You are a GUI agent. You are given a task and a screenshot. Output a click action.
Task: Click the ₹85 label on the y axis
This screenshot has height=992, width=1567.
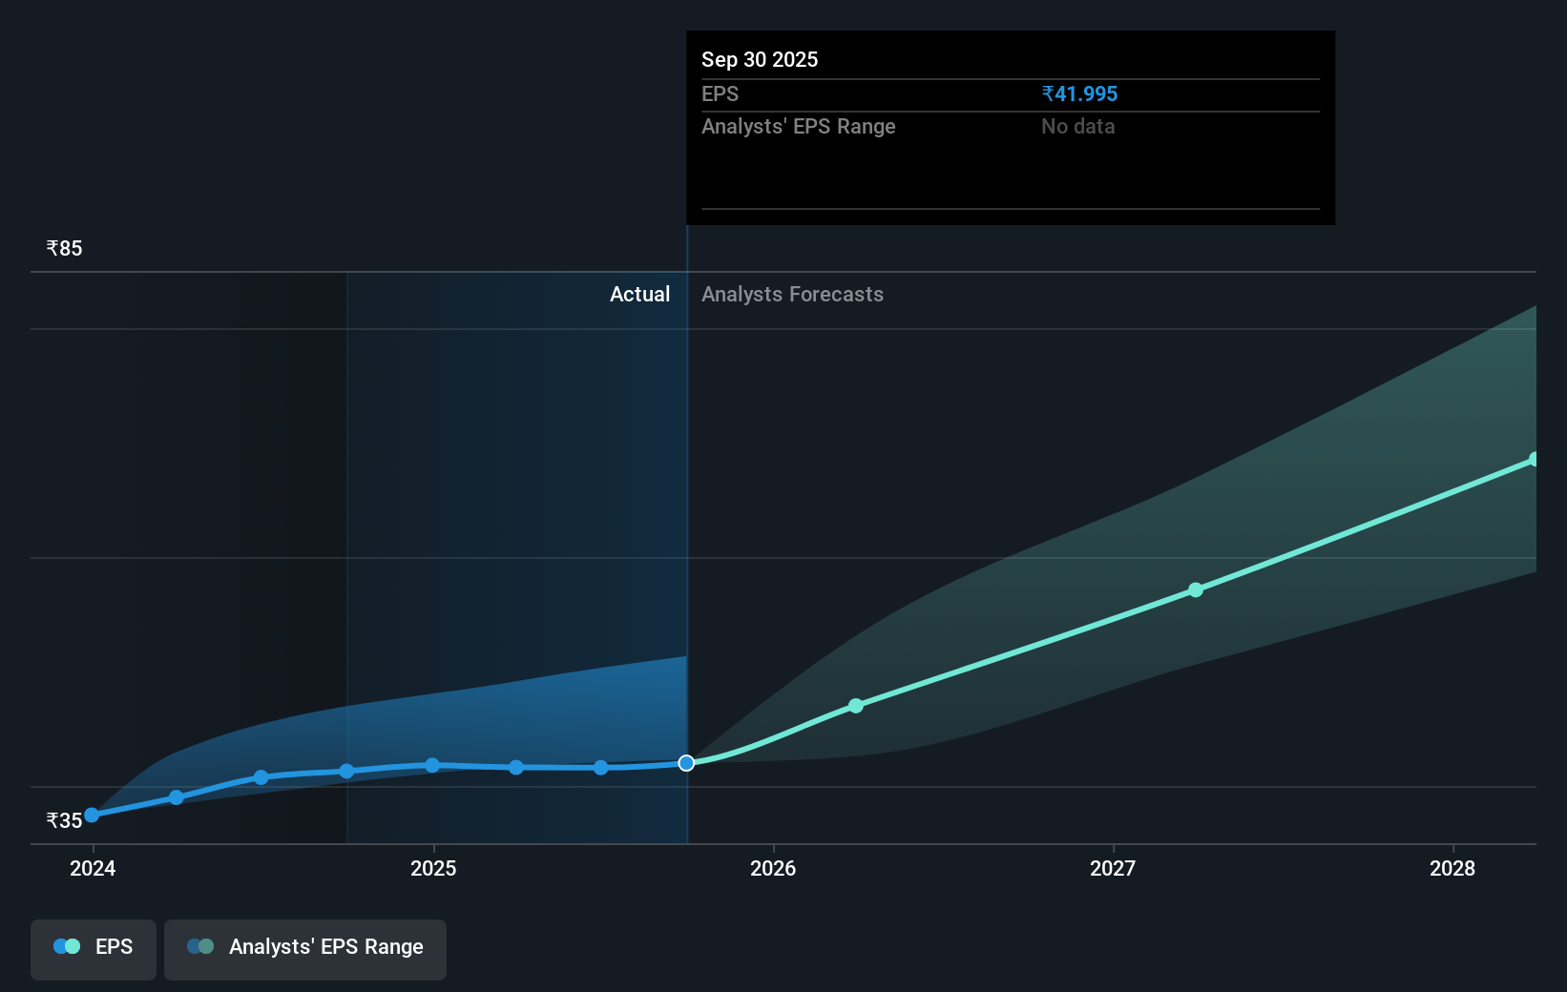pos(64,249)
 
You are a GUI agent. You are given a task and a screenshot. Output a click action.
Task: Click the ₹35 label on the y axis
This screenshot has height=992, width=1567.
pos(64,821)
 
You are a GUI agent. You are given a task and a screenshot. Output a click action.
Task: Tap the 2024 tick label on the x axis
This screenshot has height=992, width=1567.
pos(93,868)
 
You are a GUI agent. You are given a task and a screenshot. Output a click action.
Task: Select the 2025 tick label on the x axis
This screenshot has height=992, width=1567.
pos(433,868)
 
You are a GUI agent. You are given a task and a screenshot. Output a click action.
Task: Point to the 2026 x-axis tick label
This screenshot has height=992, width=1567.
pos(773,868)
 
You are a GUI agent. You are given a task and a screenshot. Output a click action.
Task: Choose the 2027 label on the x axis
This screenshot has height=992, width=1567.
pos(1113,868)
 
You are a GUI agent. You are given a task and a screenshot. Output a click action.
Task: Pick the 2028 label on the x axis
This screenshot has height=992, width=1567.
pos(1452,868)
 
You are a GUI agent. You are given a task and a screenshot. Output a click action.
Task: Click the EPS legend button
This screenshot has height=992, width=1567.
pos(94,947)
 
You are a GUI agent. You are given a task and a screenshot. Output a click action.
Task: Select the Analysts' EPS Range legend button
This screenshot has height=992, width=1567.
pos(305,947)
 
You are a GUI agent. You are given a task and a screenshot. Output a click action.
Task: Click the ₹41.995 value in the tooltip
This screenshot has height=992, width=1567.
pos(1079,94)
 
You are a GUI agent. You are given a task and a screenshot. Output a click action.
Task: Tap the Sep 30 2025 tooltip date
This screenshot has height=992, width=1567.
pos(760,60)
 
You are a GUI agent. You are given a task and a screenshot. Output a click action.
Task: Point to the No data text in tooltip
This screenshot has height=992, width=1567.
pos(1077,127)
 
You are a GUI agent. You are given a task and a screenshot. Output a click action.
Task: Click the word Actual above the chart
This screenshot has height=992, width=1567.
pos(639,295)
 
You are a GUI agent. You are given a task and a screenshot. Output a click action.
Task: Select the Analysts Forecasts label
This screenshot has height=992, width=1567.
pos(792,295)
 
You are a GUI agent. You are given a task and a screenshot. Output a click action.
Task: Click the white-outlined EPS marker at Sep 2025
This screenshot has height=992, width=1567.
pos(686,763)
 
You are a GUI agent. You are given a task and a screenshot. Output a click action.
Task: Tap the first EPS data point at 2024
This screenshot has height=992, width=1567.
pos(92,816)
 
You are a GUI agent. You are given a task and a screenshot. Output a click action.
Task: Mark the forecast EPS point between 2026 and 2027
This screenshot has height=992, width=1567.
pos(856,706)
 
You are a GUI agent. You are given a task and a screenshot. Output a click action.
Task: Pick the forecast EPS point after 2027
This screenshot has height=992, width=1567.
pos(1196,590)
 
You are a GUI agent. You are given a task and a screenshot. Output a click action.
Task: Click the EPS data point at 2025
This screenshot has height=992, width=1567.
pos(432,766)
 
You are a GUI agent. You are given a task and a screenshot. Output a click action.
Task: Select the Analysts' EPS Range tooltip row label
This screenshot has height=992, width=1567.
pos(798,127)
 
